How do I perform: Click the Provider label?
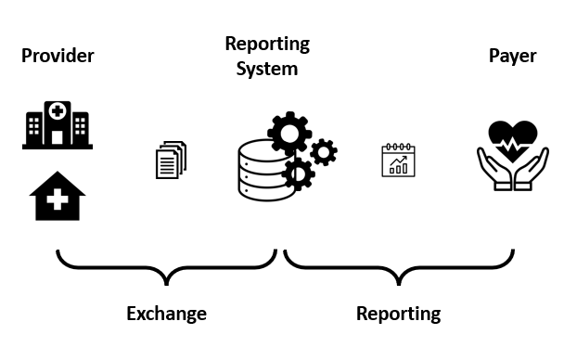58,57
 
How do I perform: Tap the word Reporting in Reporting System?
267,44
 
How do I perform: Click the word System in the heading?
267,69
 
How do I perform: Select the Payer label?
512,57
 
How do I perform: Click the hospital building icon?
57,125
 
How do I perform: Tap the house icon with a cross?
58,196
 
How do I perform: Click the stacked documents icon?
171,159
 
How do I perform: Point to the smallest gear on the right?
323,151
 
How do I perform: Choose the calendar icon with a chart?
399,160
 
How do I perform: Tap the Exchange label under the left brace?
166,314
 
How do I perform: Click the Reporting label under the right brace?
398,314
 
